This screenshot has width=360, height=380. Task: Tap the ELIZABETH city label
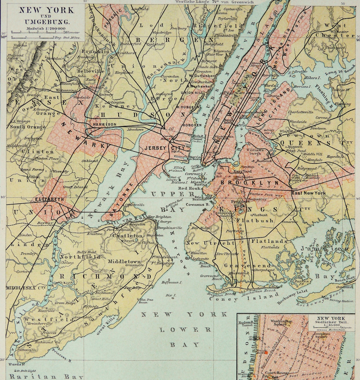tap(50, 199)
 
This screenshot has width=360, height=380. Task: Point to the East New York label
tap(309, 193)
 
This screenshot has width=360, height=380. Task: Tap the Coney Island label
tap(243, 298)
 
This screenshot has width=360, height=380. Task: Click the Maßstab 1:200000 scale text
tap(46, 29)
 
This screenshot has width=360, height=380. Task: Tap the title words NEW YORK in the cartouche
tap(46, 10)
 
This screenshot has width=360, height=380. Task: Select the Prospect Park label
tap(241, 204)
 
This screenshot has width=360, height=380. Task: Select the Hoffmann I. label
tap(171, 282)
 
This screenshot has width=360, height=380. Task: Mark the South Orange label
tap(27, 127)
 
